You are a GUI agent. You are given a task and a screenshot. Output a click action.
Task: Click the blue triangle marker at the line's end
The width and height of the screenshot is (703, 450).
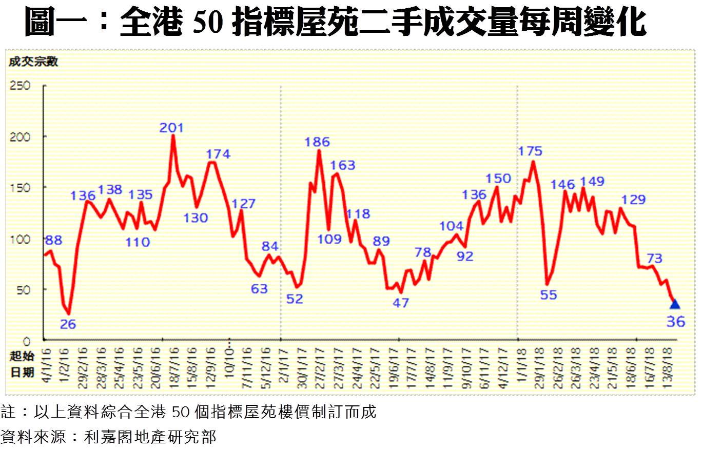(x=675, y=304)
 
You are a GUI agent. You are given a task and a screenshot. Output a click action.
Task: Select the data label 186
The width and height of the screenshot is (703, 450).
(x=317, y=142)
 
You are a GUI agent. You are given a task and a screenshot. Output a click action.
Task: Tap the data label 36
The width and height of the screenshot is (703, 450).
(x=676, y=322)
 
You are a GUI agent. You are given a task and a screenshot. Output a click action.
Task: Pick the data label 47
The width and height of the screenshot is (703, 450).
(x=401, y=302)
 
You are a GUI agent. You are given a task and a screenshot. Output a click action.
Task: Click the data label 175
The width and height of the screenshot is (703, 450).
(x=531, y=151)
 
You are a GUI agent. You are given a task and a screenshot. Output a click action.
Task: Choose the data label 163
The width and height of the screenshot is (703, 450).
(x=343, y=165)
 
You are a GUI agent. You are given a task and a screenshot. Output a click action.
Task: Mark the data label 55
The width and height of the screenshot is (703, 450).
(x=549, y=295)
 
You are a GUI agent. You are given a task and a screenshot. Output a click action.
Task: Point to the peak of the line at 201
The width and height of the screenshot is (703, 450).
(x=173, y=135)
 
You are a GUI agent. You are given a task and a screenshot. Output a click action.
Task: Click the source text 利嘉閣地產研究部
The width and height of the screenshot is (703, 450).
(x=150, y=437)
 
